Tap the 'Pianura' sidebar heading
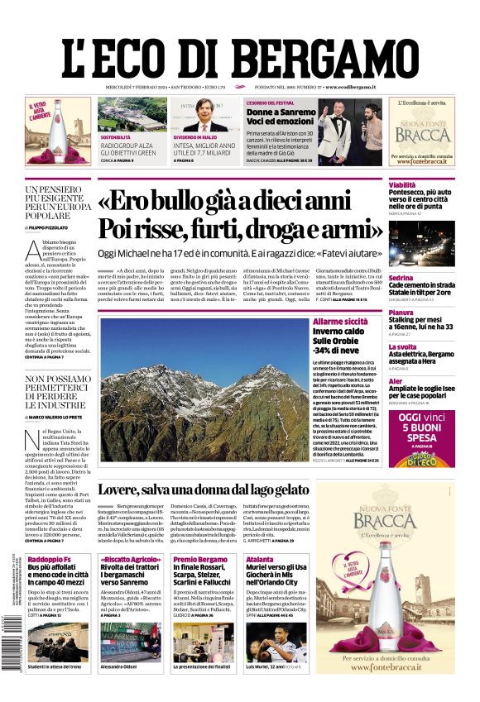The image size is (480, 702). (401, 313)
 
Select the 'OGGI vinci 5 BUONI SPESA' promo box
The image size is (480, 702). (420, 433)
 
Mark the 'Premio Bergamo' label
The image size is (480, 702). (199, 560)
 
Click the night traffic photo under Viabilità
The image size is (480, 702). (420, 243)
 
